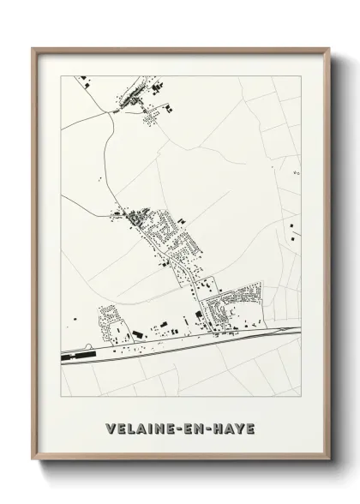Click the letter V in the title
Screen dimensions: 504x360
pos(109,429)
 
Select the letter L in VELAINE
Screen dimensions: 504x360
pos(129,429)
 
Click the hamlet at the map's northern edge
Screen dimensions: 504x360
pos(137,99)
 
